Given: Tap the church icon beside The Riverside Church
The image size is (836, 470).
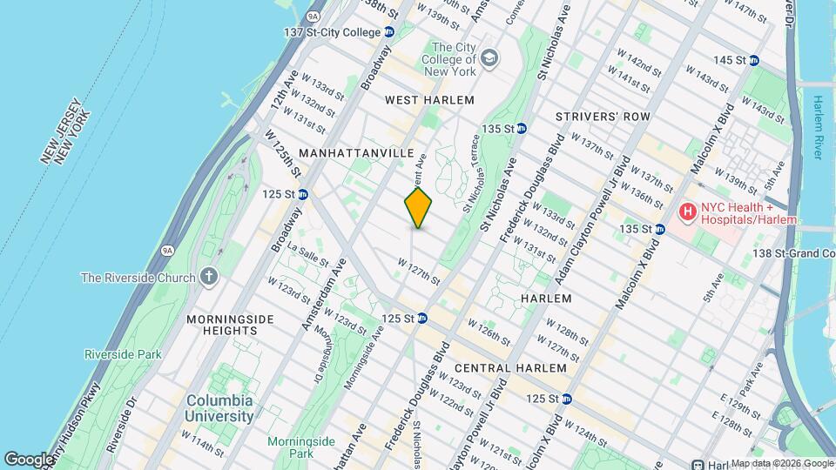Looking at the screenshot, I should (x=208, y=278).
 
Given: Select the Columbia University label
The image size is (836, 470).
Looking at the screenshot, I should (x=219, y=408).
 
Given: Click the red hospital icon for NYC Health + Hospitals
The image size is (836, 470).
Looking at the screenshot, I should (x=688, y=211).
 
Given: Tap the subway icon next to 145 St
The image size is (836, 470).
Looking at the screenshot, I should (x=754, y=60).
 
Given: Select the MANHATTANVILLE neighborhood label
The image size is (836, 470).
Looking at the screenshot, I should (x=356, y=152).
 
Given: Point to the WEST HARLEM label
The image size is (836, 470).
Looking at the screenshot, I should (x=430, y=100).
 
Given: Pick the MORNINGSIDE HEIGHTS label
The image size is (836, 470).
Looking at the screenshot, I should (x=222, y=325).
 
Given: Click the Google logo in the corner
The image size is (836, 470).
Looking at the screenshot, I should (x=28, y=459).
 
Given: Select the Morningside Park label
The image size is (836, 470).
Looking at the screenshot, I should (x=290, y=447).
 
